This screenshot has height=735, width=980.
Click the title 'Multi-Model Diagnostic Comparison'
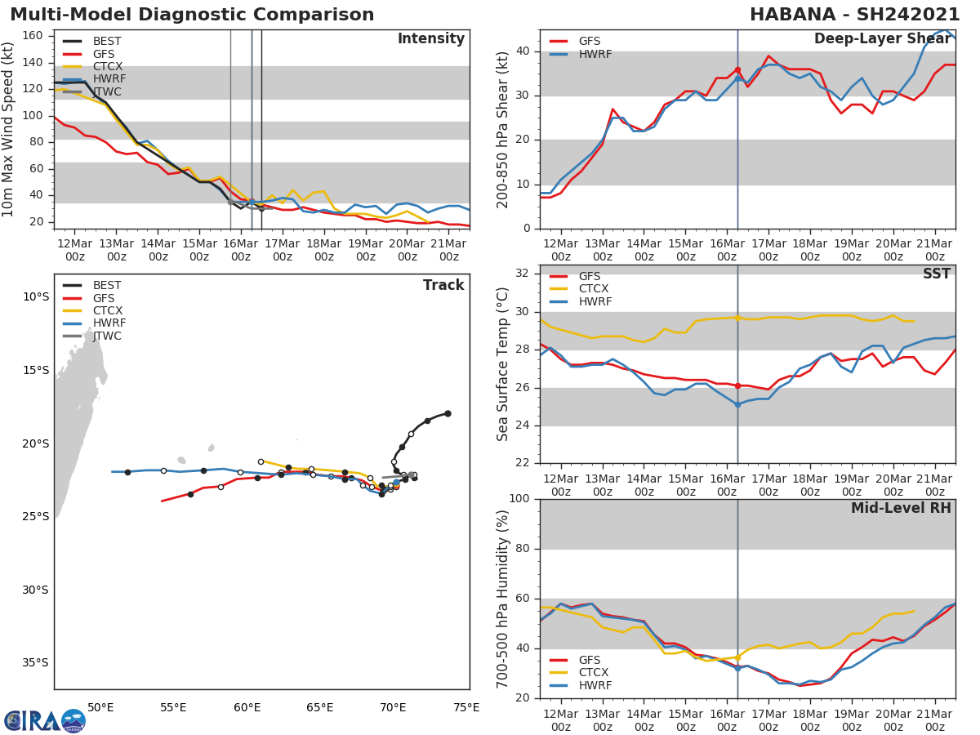click(x=192, y=15)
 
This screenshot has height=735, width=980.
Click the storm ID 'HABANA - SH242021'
click(x=854, y=15)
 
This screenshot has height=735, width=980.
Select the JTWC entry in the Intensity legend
click(x=106, y=91)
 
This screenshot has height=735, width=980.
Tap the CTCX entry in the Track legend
click(x=106, y=310)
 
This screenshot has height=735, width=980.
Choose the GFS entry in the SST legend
click(x=589, y=276)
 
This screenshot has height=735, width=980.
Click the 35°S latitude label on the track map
click(x=34, y=662)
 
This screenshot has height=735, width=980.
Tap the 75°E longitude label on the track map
click(x=466, y=707)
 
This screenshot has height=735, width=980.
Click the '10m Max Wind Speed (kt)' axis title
click(x=9, y=128)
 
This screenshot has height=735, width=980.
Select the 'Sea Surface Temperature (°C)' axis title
click(x=503, y=363)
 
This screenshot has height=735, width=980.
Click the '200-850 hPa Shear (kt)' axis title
click(x=503, y=128)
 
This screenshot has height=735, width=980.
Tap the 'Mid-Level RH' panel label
click(x=901, y=508)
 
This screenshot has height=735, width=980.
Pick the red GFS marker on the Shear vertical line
click(x=737, y=70)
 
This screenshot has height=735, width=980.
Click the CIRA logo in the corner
click(x=45, y=720)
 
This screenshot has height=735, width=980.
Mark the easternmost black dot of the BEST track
click(x=448, y=413)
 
